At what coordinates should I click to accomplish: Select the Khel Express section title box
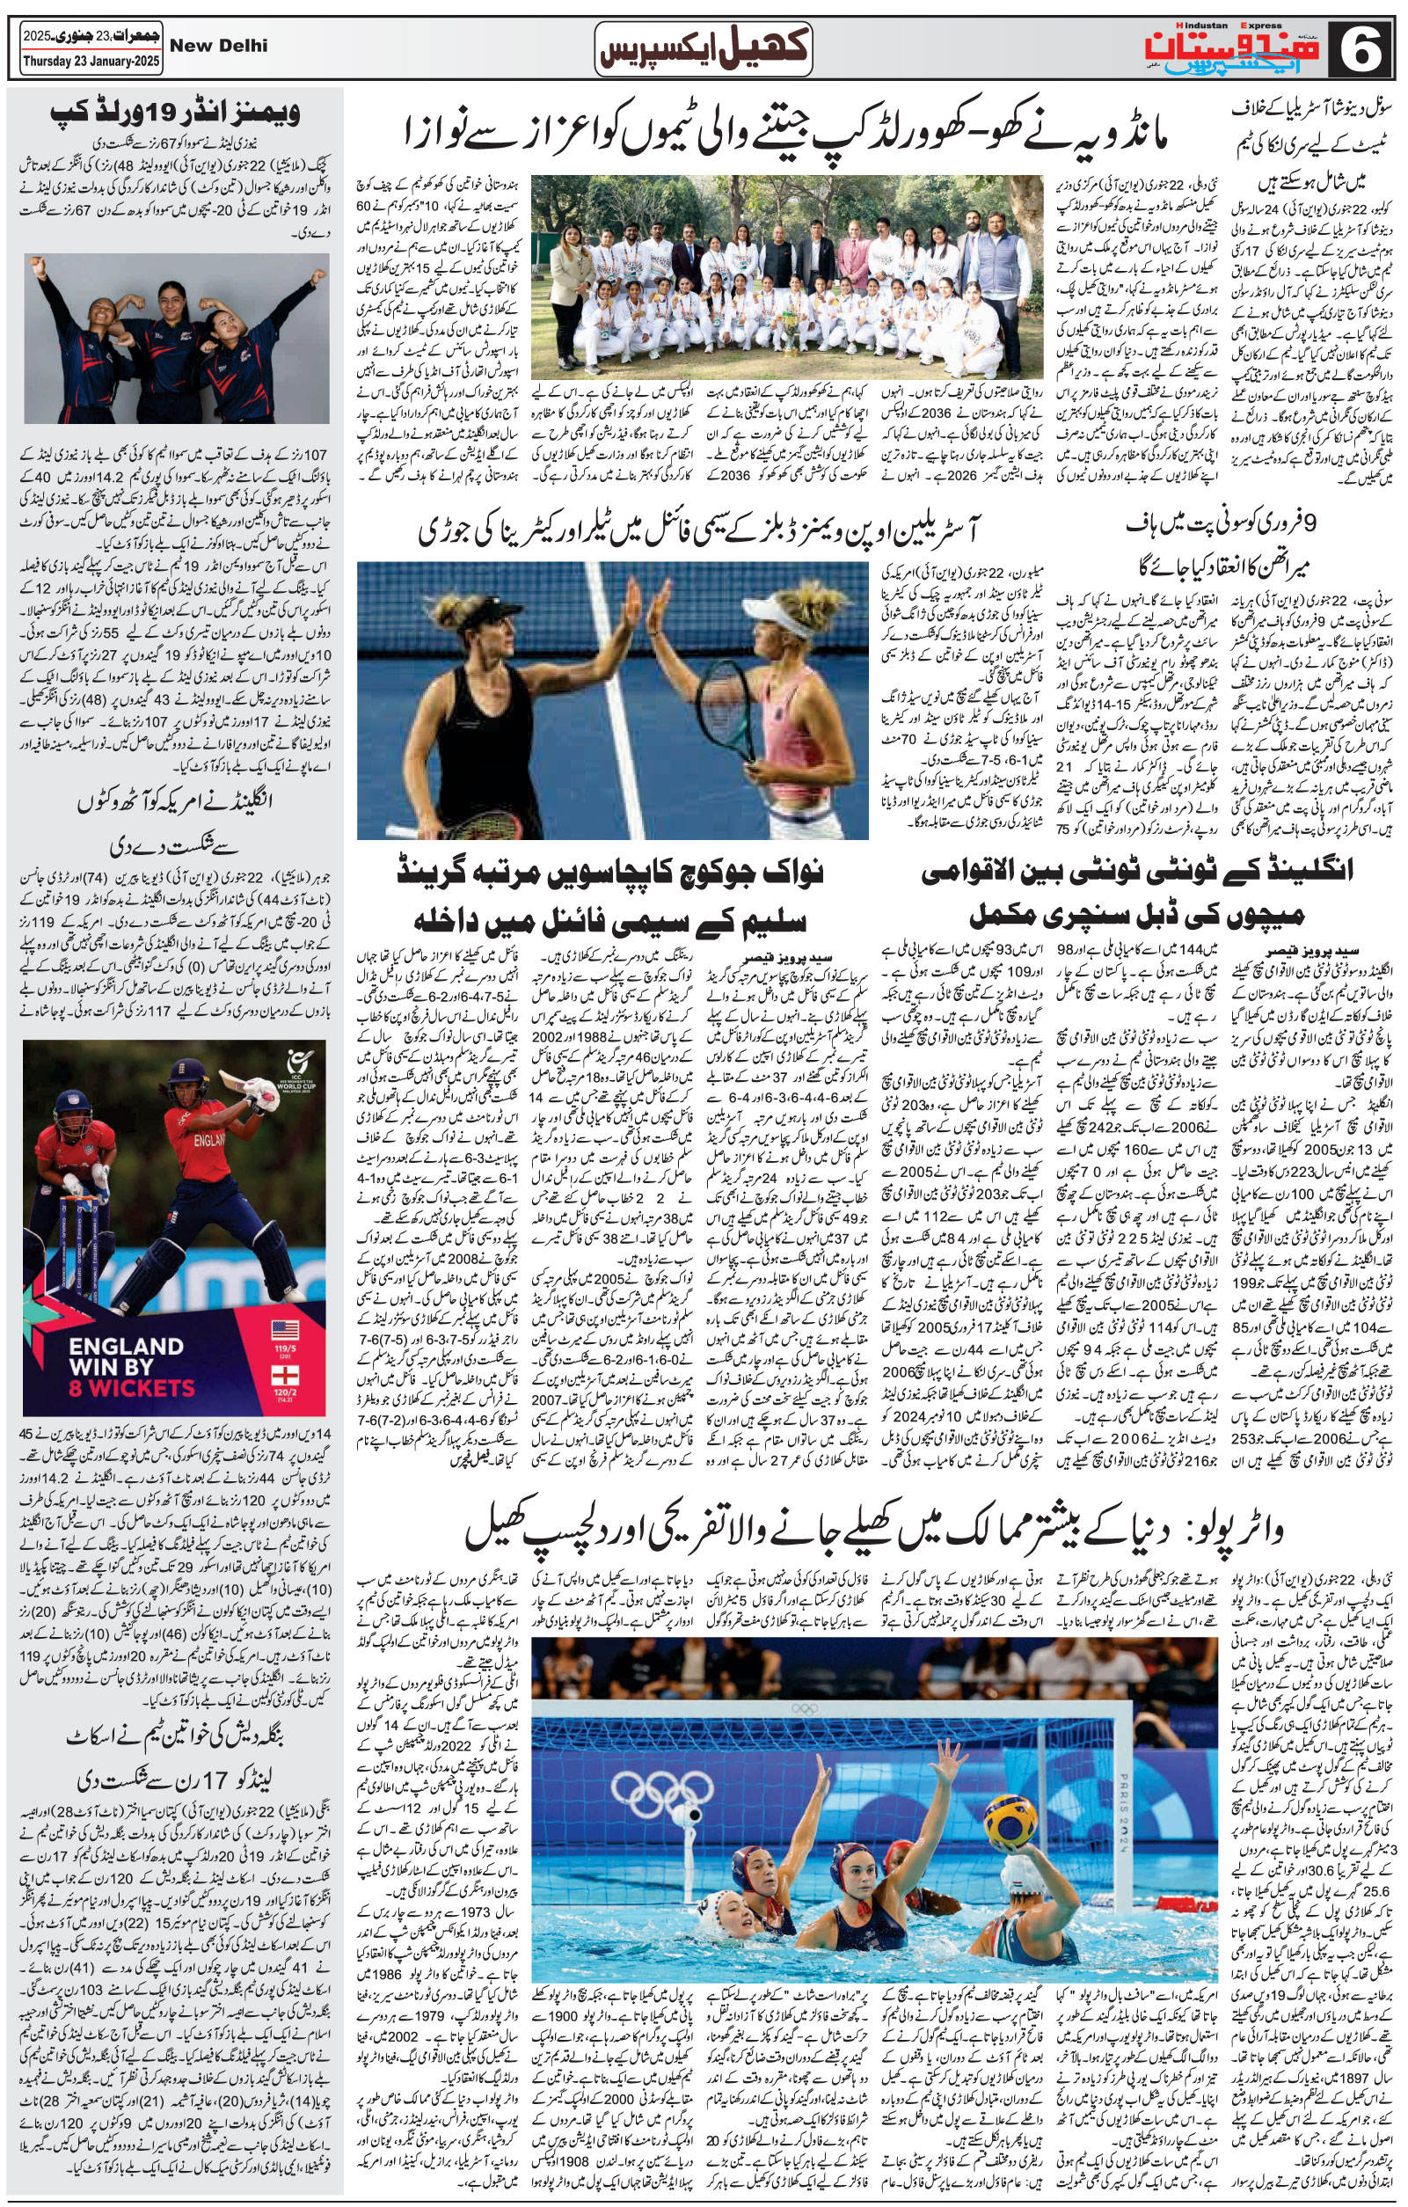(x=704, y=48)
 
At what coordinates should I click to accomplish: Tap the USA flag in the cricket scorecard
(x=285, y=1330)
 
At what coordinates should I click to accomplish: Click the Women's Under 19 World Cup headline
(x=174, y=113)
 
